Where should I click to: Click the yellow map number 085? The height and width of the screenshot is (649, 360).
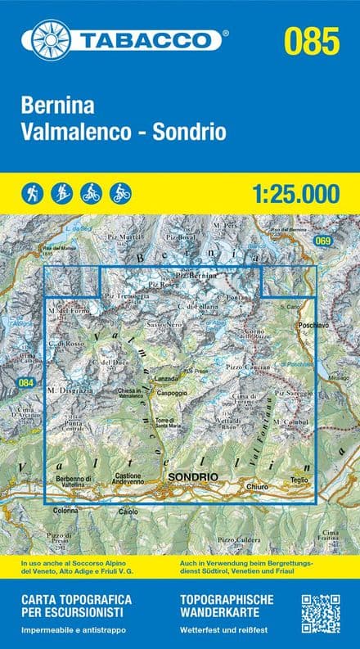point(311,38)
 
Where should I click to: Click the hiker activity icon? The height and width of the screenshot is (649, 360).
point(33,194)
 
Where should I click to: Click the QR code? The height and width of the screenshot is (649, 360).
point(321,615)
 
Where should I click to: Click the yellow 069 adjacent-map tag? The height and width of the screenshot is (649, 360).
point(323,241)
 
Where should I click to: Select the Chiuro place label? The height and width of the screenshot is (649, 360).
point(258,488)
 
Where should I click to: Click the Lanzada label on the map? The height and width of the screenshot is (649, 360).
point(166,378)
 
